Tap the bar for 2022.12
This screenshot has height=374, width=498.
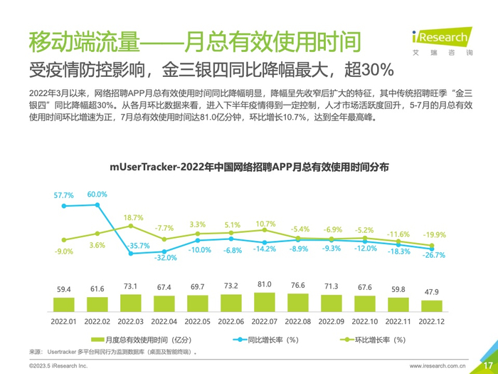point(430,307)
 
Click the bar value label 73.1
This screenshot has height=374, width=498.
point(130,286)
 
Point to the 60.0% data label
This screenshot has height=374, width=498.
point(97,194)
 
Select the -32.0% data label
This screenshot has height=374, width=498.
point(166,258)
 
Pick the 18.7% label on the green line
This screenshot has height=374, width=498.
point(133,218)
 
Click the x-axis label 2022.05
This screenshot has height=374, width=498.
point(197,321)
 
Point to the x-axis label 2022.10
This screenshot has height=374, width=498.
point(364,321)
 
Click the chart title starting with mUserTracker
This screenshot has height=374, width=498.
point(249,167)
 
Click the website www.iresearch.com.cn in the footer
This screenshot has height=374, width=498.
point(438,365)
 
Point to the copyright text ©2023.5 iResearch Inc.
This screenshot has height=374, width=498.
point(58,365)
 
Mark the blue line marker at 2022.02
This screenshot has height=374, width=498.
point(97,205)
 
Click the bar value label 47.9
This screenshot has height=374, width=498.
point(430,292)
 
